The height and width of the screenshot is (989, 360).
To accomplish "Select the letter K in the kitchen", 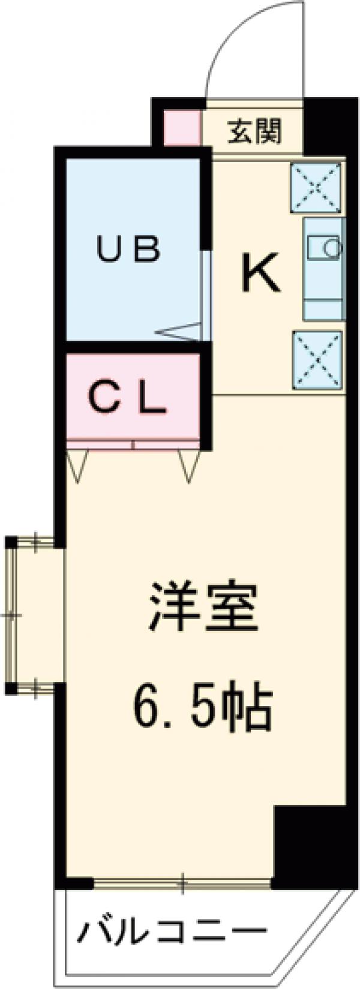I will point(260,273).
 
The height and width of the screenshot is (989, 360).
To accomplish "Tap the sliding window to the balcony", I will point(183,883).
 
